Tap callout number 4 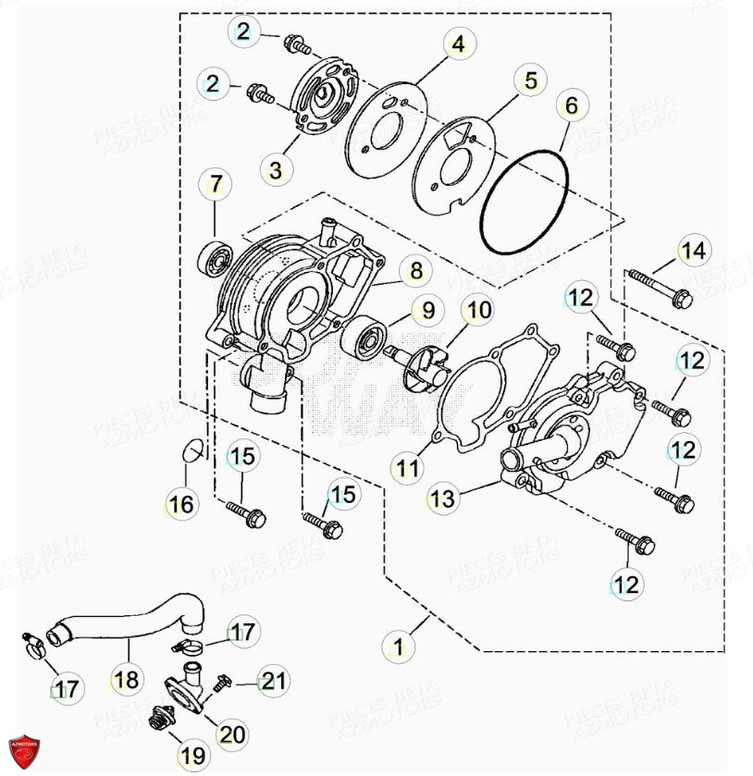point(457,43)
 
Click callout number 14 point(692,250)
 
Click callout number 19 point(192,756)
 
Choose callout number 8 point(415,271)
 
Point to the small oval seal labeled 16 point(191,450)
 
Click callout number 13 point(443,499)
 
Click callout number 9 point(428,308)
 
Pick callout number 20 point(232,734)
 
